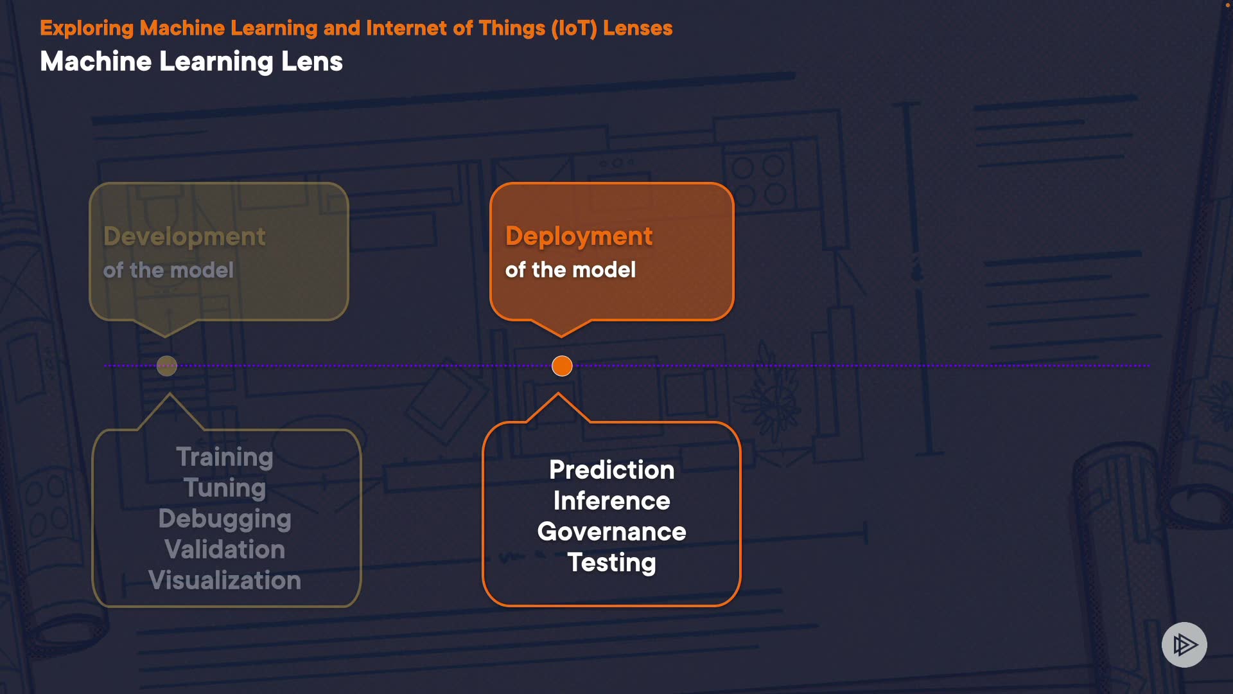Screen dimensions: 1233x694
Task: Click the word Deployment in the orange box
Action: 579,236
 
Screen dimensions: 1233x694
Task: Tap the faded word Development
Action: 184,236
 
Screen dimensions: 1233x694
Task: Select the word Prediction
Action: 611,470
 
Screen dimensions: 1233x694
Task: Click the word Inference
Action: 611,501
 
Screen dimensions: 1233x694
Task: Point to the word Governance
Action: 611,531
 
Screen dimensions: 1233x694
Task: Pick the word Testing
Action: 611,563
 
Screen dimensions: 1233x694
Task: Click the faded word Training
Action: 225,457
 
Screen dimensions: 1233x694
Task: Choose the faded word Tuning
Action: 225,488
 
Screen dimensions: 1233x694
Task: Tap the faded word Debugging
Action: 225,519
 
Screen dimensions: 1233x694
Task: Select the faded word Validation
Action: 225,549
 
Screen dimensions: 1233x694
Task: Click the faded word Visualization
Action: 225,580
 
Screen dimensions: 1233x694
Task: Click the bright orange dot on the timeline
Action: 562,366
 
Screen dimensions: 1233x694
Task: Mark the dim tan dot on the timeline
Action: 167,366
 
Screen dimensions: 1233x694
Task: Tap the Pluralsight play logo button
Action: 1184,645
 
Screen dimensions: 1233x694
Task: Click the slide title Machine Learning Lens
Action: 191,62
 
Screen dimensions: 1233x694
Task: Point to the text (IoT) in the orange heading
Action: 573,28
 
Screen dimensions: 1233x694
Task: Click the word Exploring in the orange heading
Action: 87,28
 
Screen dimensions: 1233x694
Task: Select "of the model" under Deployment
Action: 570,270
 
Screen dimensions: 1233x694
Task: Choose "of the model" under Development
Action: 168,270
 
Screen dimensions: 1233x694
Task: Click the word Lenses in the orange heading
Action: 638,28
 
